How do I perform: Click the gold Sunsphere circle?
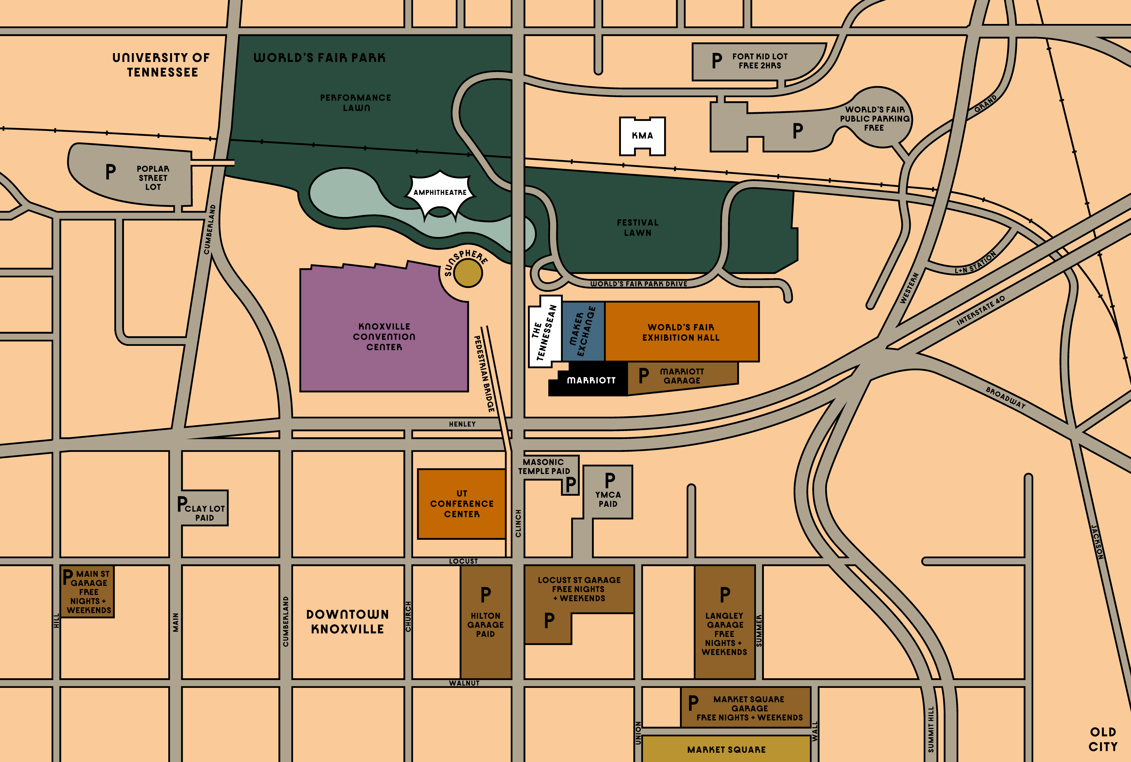pos(468,273)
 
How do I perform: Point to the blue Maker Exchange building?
pos(583,331)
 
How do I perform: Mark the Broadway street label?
pos(1005,398)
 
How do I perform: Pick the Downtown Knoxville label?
pos(347,622)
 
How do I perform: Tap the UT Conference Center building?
pos(461,504)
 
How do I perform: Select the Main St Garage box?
pos(88,591)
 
